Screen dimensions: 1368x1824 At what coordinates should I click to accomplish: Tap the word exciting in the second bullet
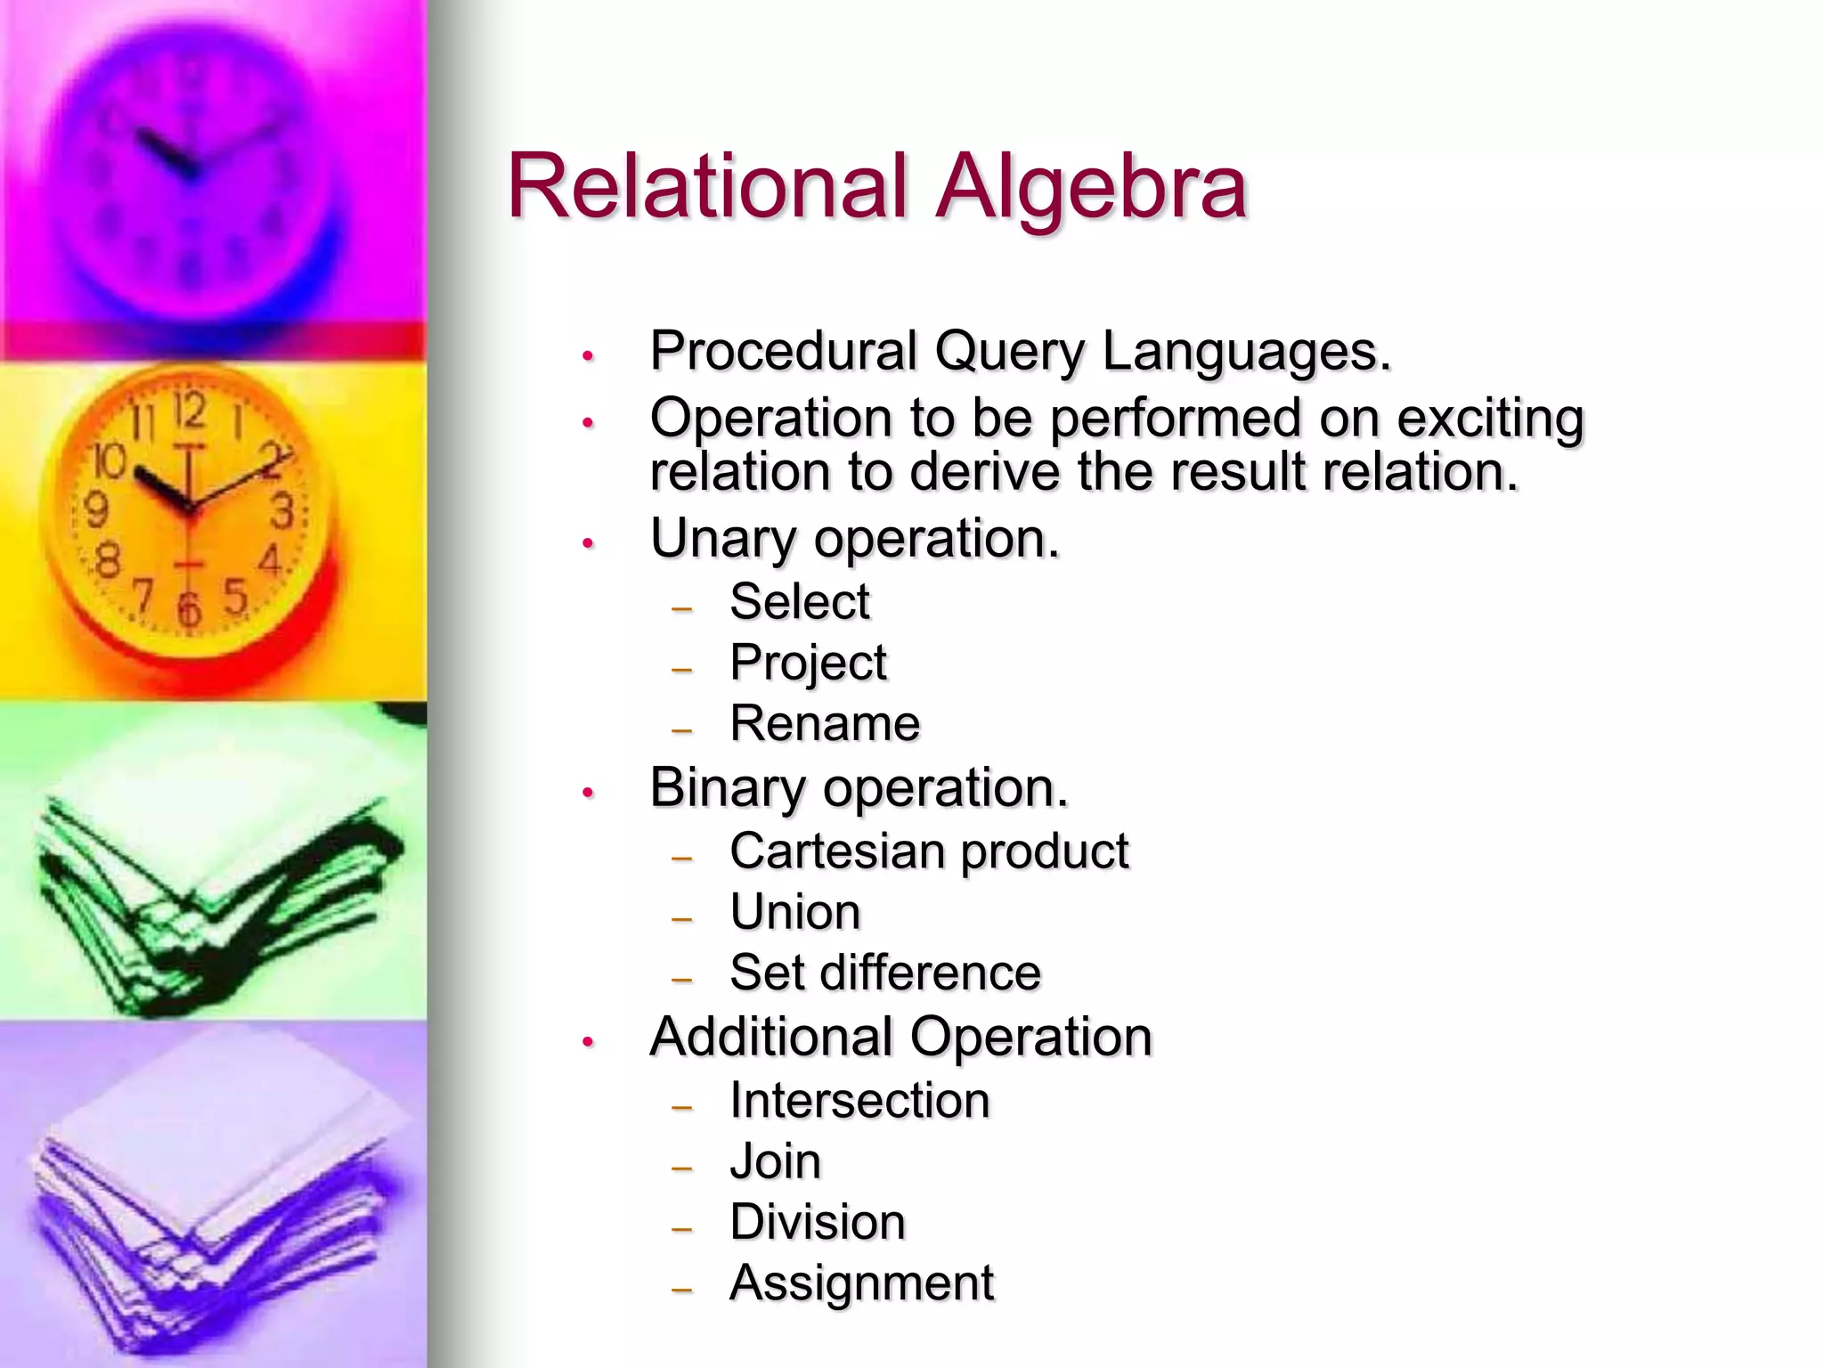(x=1490, y=419)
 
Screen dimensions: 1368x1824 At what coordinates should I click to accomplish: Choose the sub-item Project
(x=808, y=664)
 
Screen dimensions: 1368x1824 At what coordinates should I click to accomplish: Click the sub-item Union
(x=795, y=912)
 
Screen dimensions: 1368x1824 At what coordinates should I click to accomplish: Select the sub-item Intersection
(x=859, y=1101)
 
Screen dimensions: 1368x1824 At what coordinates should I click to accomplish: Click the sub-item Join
(x=775, y=1161)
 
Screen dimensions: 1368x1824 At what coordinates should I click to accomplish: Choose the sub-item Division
(x=818, y=1222)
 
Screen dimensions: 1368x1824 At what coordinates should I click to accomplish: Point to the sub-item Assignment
(x=861, y=1283)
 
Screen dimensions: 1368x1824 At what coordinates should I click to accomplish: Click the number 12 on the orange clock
(x=189, y=411)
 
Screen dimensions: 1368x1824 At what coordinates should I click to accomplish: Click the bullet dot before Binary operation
(x=588, y=793)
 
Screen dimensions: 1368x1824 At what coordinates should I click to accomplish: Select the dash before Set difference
(x=682, y=979)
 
